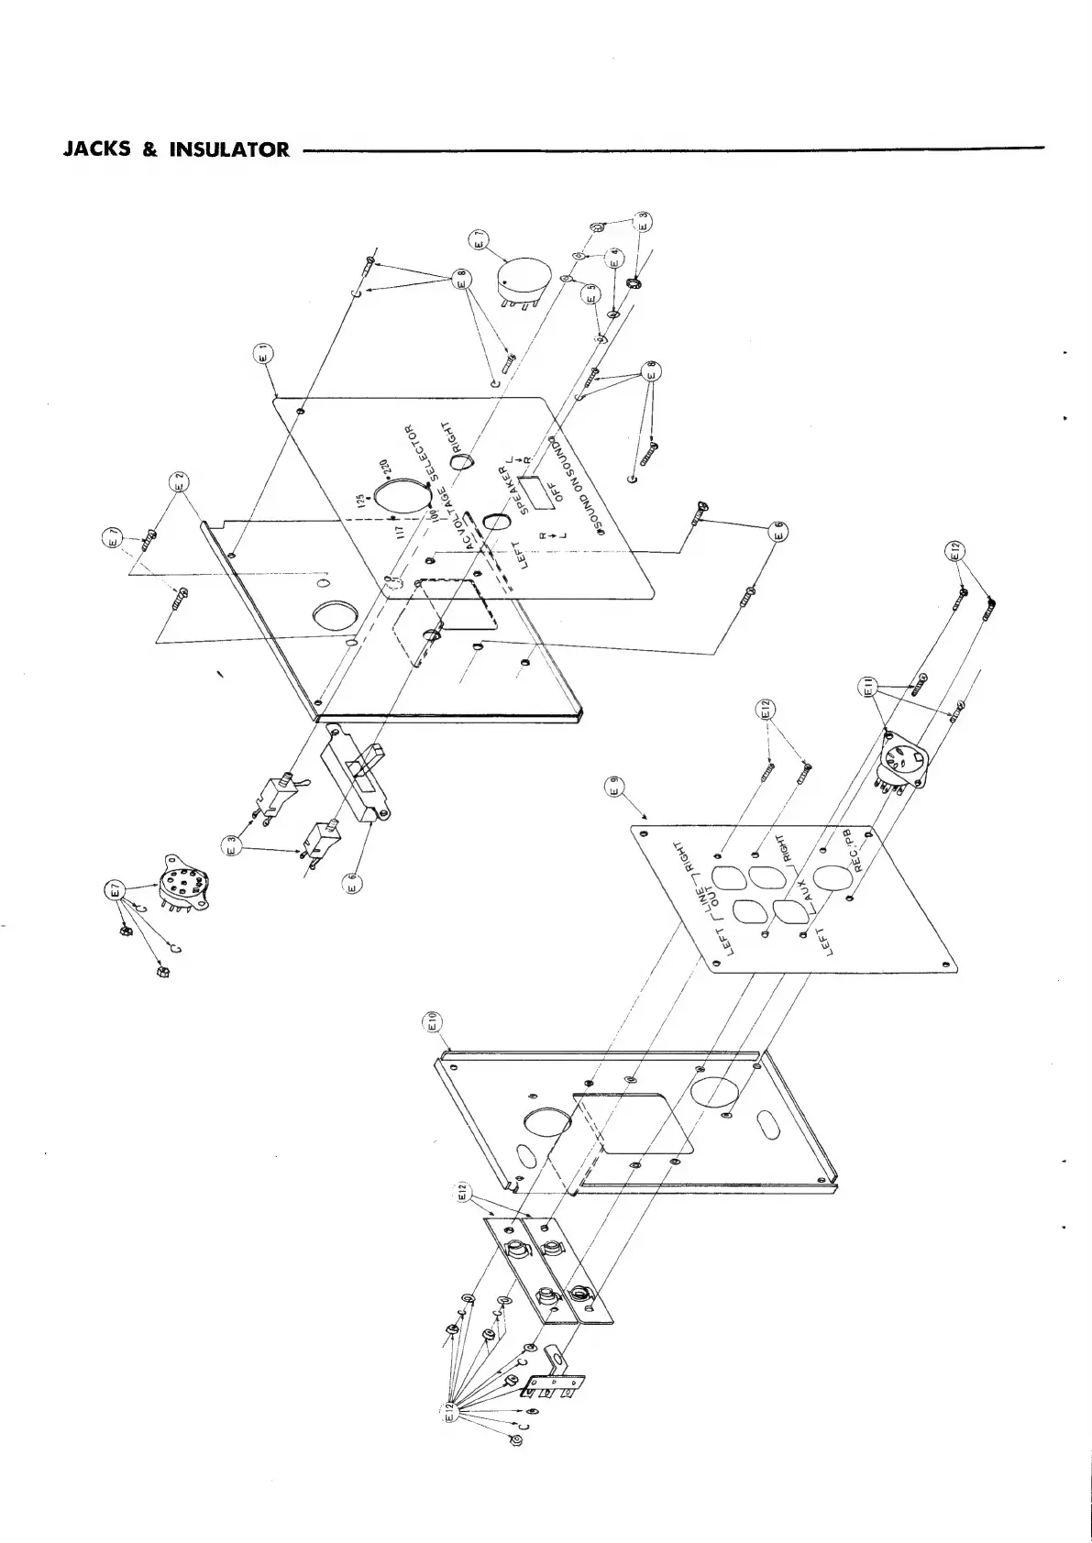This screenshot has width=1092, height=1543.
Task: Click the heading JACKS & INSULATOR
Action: click(175, 149)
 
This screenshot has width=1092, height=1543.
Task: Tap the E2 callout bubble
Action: click(179, 479)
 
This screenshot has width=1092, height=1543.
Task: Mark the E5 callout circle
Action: click(590, 293)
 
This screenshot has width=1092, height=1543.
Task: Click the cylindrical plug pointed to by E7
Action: click(520, 278)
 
